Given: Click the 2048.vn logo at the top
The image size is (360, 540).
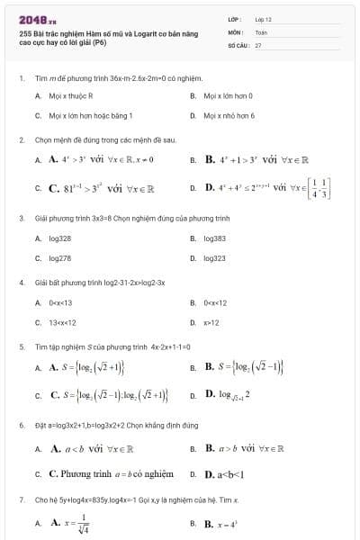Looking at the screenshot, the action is click(37, 18).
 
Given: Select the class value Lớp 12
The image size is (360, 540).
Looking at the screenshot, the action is click(264, 18).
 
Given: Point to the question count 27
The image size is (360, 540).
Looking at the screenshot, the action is click(258, 43).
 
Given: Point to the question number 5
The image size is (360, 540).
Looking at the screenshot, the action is click(22, 346).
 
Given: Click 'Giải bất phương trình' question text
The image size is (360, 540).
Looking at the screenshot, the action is click(100, 283).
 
